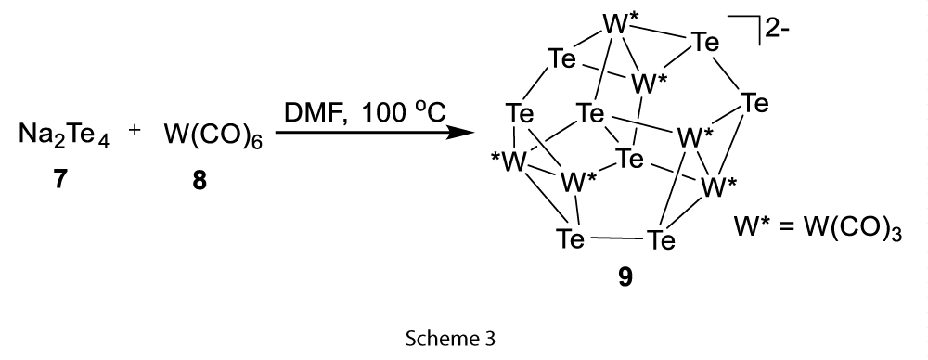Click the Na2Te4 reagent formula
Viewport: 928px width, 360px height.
(64, 135)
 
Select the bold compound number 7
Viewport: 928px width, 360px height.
(58, 179)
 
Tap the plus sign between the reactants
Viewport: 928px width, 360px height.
(135, 130)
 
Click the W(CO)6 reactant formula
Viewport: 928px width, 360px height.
(213, 135)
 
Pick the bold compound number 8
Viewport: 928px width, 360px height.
(200, 180)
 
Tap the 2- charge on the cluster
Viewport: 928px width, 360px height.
(778, 28)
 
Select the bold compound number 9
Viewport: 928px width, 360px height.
(625, 276)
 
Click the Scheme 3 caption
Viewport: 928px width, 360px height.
(450, 338)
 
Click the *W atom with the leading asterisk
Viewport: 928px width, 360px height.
(509, 162)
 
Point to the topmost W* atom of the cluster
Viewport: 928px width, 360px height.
(620, 26)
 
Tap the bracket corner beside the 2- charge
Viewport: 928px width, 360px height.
(759, 17)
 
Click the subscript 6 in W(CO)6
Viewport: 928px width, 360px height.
(257, 143)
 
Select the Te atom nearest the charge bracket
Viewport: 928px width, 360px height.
(705, 43)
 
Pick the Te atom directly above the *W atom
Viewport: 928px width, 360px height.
(520, 113)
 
